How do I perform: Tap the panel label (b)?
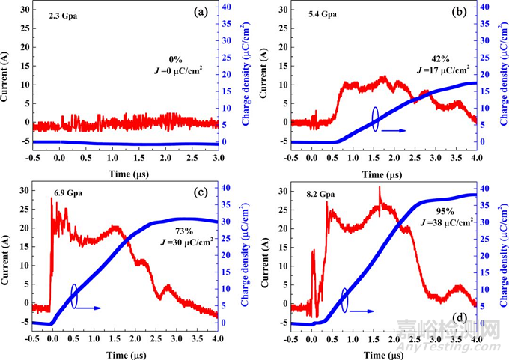[x=457, y=13]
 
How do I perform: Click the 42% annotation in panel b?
[x=442, y=58]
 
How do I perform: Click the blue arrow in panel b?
[x=395, y=130]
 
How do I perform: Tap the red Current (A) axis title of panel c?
[x=7, y=251]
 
